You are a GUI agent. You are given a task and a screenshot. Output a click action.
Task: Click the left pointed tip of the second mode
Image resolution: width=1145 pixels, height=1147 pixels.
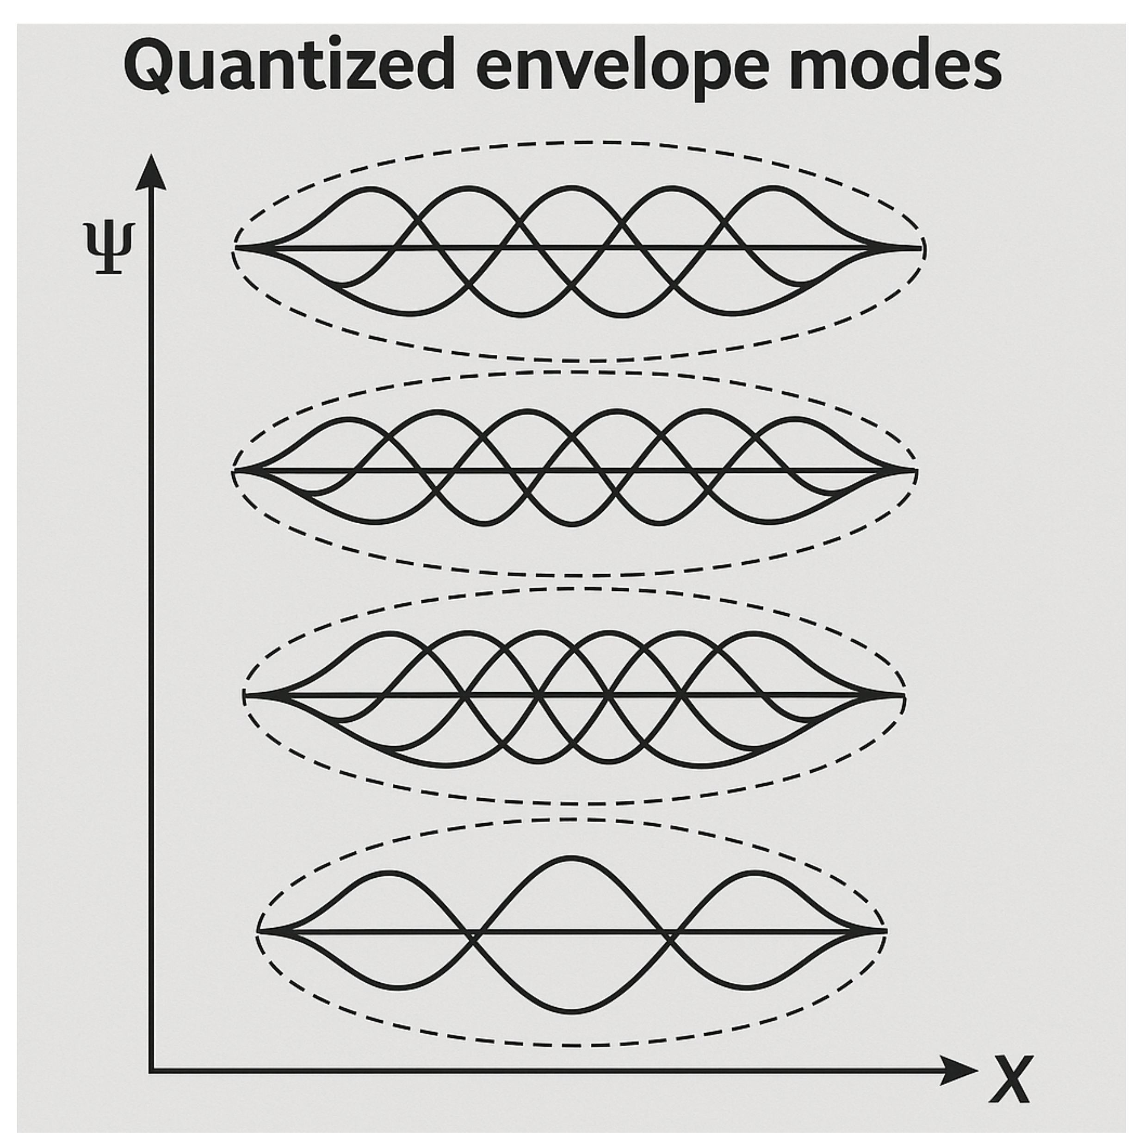point(235,471)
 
